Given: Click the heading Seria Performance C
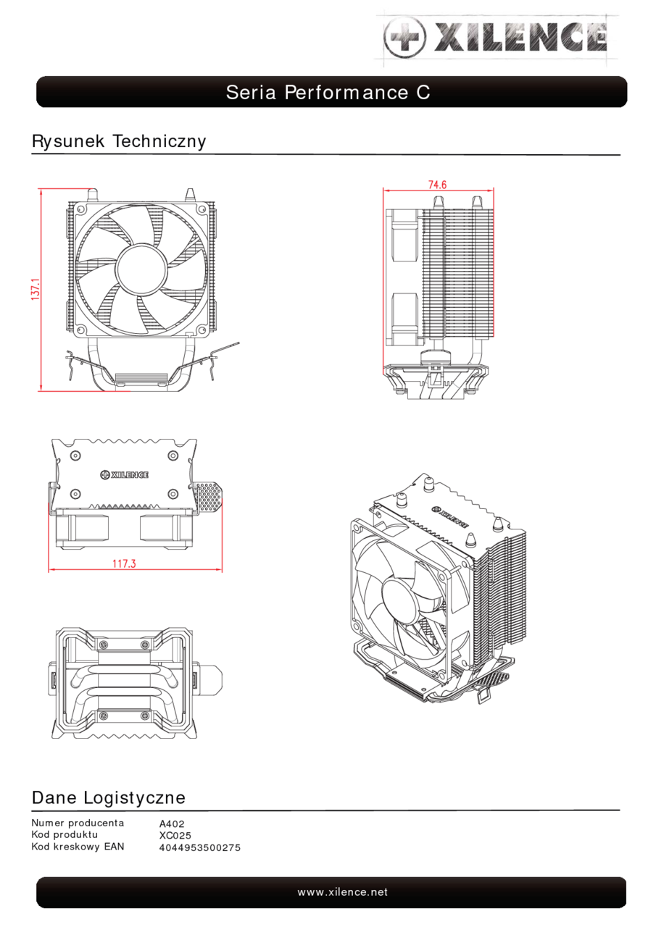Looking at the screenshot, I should pyautogui.click(x=328, y=93).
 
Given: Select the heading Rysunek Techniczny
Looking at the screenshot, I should pyautogui.click(x=119, y=141).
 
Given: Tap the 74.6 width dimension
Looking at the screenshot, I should pyautogui.click(x=437, y=185).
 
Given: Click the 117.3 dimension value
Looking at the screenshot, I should pyautogui.click(x=124, y=563).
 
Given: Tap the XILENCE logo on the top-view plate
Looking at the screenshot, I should pyautogui.click(x=124, y=474).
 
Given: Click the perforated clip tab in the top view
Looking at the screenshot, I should pyautogui.click(x=208, y=497).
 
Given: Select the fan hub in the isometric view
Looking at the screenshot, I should pyautogui.click(x=403, y=597).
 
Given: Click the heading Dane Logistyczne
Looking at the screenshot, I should pyautogui.click(x=109, y=798).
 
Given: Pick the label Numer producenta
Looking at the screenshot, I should pyautogui.click(x=78, y=823).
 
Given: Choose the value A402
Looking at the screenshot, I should pyautogui.click(x=172, y=824).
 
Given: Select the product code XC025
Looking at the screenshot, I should pyautogui.click(x=175, y=836).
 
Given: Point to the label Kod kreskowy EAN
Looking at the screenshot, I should pyautogui.click(x=78, y=846).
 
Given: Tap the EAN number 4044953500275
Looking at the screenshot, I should pyautogui.click(x=199, y=847).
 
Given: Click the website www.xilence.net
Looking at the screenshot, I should pyautogui.click(x=342, y=892).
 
